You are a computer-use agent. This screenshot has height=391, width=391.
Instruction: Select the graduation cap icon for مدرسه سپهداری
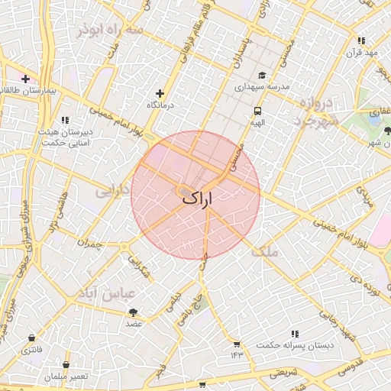click(x=262, y=76)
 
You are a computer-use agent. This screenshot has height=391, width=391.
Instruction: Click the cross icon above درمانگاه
click(x=160, y=92)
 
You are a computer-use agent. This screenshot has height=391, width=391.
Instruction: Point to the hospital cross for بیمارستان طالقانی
click(x=25, y=79)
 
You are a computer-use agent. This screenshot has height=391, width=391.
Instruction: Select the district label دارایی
click(x=112, y=191)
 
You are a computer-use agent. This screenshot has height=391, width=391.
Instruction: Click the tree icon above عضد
click(x=134, y=312)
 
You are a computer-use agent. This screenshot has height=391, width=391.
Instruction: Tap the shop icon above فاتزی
click(x=31, y=338)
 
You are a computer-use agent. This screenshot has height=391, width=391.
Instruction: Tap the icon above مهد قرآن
click(x=363, y=41)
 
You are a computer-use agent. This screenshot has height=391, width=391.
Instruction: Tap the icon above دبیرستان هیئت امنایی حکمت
click(x=65, y=120)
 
